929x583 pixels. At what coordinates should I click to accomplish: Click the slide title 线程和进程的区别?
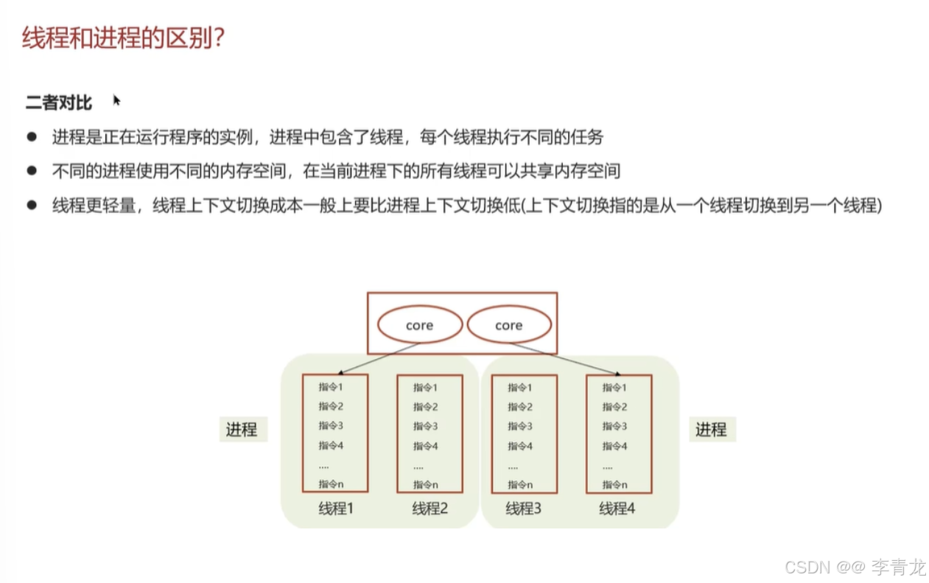click(123, 38)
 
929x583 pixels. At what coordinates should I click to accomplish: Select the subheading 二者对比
click(59, 102)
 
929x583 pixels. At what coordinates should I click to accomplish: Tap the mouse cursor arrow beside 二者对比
click(116, 100)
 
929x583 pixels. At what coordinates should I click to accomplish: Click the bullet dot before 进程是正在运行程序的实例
click(31, 137)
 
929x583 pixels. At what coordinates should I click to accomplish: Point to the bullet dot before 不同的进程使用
click(31, 171)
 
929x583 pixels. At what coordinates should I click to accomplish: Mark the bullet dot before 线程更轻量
click(31, 205)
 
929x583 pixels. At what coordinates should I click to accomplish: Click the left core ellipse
click(420, 325)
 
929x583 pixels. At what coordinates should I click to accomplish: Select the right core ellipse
click(509, 325)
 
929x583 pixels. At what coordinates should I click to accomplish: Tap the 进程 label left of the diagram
click(242, 430)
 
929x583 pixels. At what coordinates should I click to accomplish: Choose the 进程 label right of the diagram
click(711, 430)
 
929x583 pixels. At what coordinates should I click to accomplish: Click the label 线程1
click(336, 509)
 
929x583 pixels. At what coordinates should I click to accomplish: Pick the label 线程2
click(430, 509)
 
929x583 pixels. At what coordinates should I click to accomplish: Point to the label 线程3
click(523, 509)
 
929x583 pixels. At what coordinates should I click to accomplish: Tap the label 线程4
click(617, 509)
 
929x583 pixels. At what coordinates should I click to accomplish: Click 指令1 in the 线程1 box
click(332, 387)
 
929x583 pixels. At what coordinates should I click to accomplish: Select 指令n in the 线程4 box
click(614, 484)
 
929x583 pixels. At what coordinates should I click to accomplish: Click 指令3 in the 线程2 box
click(426, 426)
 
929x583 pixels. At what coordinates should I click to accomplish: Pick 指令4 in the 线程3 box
click(520, 446)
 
